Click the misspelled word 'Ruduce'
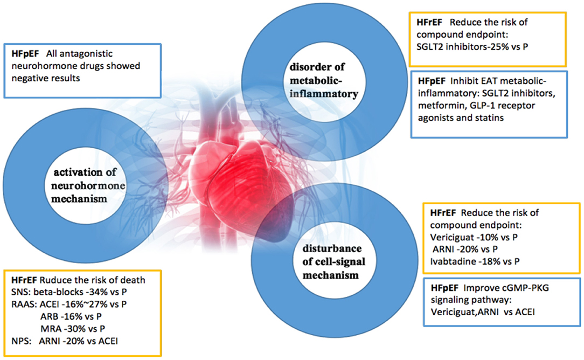(59, 280)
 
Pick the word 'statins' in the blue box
(489, 117)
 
